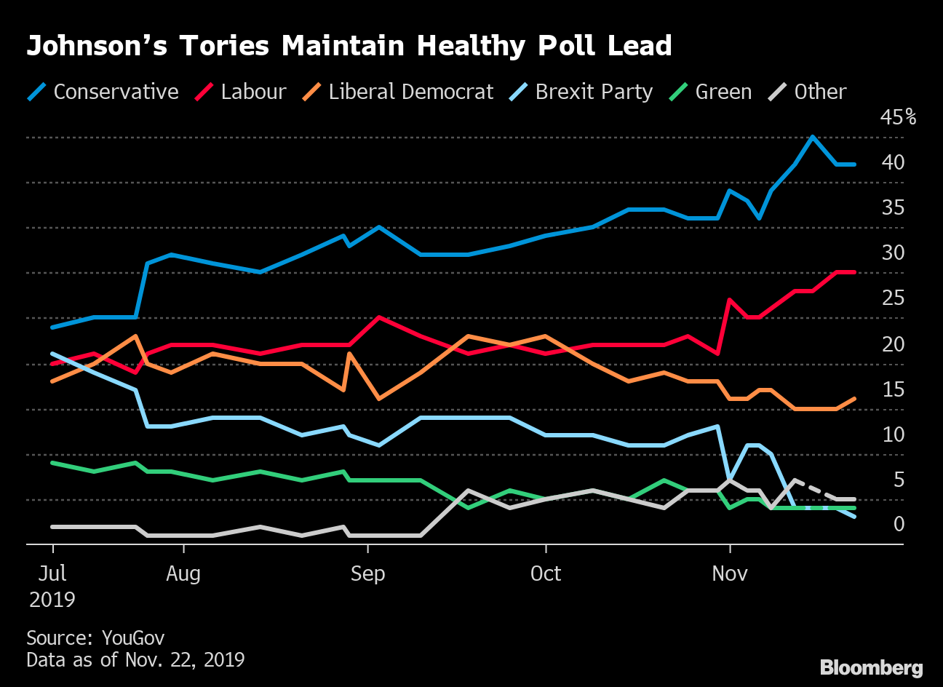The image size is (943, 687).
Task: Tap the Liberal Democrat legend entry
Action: (398, 92)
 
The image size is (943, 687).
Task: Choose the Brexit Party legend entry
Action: (582, 92)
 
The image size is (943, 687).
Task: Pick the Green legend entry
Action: (712, 92)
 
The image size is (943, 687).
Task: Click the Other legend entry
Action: (808, 92)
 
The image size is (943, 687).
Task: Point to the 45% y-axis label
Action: (898, 117)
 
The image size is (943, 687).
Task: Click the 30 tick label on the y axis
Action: (893, 253)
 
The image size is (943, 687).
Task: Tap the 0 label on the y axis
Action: (899, 524)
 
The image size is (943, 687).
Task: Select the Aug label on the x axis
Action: (183, 573)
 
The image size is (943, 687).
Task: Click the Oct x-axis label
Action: (546, 573)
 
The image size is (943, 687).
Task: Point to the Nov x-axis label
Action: (730, 573)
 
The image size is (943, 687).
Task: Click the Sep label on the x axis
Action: (367, 573)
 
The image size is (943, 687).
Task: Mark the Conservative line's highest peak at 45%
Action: (813, 137)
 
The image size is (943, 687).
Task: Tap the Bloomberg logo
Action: (871, 667)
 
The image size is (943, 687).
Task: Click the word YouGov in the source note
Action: (133, 638)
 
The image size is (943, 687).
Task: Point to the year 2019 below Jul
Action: (52, 599)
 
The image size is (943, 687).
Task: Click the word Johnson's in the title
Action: (97, 46)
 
